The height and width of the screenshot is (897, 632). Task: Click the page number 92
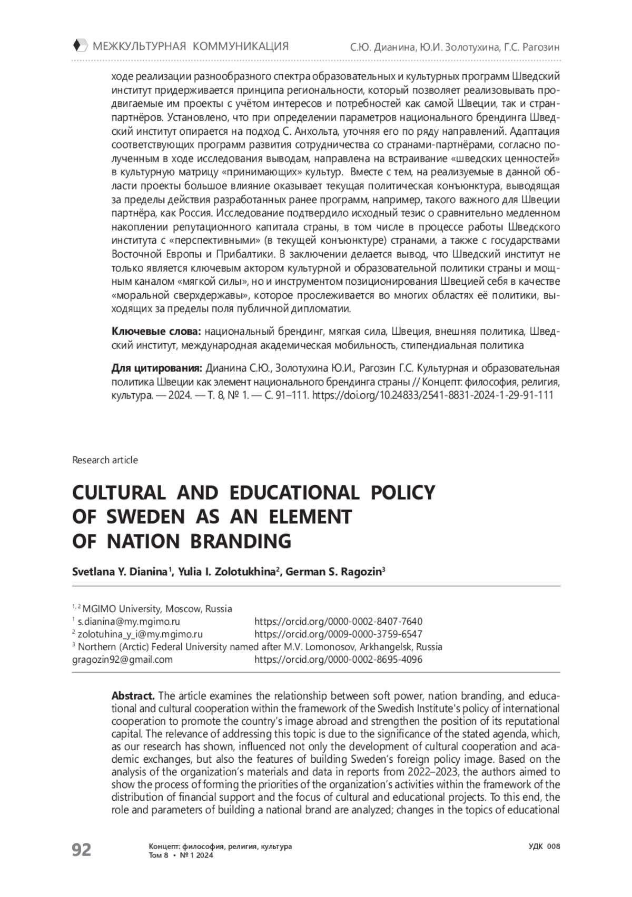click(x=82, y=850)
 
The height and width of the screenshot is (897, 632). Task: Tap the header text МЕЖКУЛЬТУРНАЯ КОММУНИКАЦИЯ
click(x=191, y=46)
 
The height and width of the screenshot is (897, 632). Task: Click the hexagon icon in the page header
click(x=78, y=46)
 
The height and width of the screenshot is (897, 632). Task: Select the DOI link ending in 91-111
click(x=432, y=395)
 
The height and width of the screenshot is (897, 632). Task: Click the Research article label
click(x=105, y=460)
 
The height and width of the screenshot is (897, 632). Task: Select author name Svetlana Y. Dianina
click(x=120, y=572)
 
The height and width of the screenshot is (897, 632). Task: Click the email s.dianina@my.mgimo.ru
click(x=129, y=622)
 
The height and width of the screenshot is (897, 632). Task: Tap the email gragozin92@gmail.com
click(x=122, y=660)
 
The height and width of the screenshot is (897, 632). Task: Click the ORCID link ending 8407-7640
click(x=338, y=622)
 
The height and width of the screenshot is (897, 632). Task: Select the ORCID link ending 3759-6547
click(x=338, y=634)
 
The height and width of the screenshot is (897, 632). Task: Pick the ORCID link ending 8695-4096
click(x=338, y=660)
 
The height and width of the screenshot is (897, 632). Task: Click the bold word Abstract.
click(x=133, y=696)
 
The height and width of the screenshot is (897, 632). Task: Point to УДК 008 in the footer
click(x=544, y=846)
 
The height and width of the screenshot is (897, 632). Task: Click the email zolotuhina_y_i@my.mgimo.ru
click(x=140, y=634)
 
